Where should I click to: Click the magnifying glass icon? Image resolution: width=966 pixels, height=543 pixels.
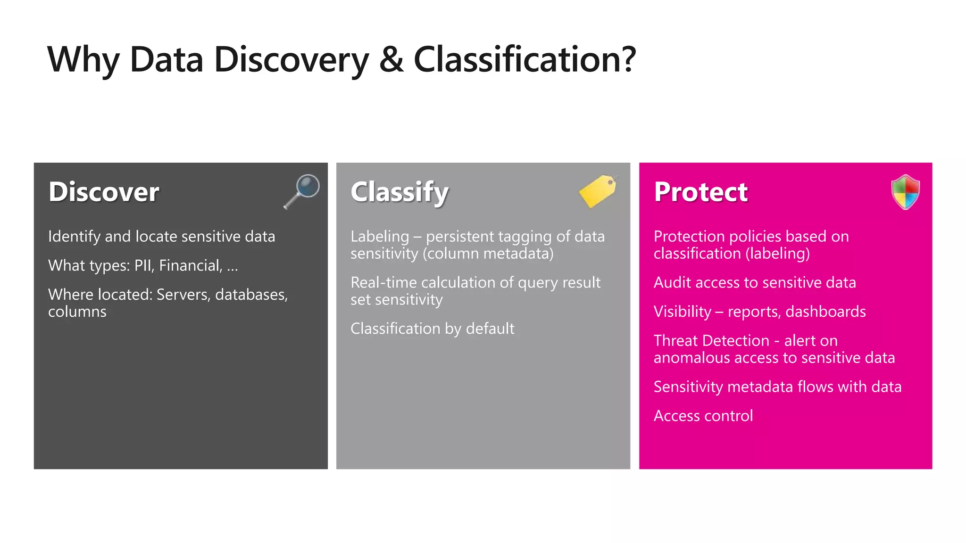302,190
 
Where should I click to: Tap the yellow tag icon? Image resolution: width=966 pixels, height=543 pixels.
598,190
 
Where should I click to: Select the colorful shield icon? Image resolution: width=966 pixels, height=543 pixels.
905,192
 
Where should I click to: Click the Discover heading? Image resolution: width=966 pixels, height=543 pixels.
104,192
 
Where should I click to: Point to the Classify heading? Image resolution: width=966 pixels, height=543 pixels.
400,192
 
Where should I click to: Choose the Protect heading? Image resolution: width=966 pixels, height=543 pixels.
700,192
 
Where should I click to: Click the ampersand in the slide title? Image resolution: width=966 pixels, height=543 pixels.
391,59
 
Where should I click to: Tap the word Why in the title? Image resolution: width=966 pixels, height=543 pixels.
84,60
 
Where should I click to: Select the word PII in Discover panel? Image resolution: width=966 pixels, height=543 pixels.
142,265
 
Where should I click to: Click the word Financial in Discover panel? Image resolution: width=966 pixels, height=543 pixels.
190,266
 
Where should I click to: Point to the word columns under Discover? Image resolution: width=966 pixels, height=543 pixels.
77,312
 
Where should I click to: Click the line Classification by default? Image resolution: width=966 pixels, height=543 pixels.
432,329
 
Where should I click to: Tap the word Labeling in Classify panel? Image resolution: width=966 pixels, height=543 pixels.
380,237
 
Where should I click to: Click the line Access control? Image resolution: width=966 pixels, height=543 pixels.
703,416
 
